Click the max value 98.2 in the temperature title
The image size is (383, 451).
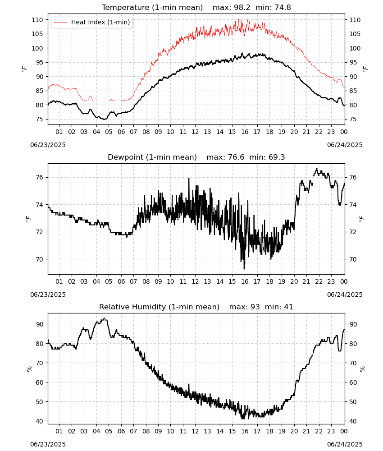tap(242, 8)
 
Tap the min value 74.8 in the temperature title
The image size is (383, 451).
tap(283, 8)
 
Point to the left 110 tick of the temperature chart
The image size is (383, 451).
tap(37, 20)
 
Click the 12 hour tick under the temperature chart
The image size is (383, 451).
tap(196, 132)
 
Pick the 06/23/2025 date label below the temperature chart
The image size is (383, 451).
tap(48, 145)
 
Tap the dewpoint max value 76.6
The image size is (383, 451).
tap(236, 157)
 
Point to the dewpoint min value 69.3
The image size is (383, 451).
tap(277, 157)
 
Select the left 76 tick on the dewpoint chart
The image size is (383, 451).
tap(39, 177)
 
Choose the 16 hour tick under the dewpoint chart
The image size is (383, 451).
tap(245, 281)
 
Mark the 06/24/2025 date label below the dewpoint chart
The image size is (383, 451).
tap(345, 295)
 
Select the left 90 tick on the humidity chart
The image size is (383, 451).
tap(39, 324)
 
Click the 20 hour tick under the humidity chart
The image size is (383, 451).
tap(294, 432)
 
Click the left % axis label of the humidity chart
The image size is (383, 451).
tap(29, 369)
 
